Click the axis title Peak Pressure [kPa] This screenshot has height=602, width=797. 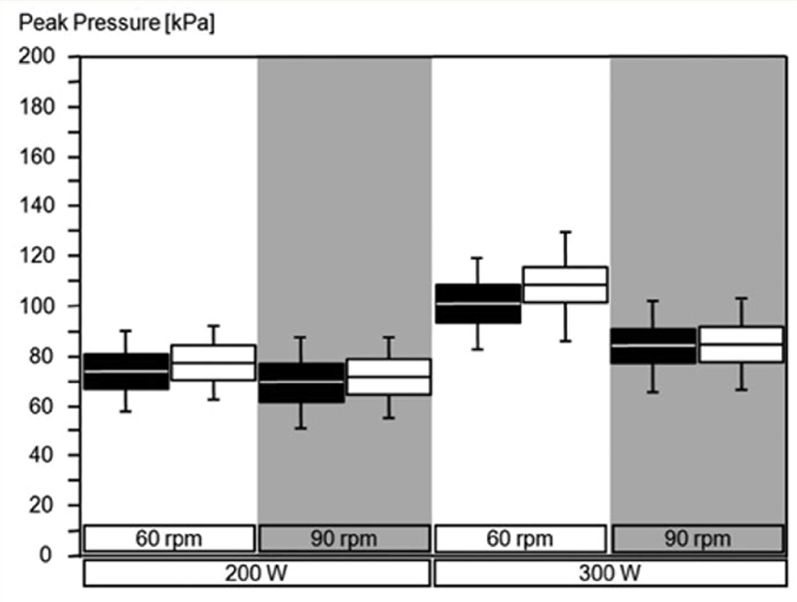[117, 23]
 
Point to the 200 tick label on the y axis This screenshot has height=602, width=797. [37, 56]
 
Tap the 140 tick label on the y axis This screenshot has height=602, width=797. [37, 205]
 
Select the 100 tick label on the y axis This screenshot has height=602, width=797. [37, 306]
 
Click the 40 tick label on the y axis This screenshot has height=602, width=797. [41, 455]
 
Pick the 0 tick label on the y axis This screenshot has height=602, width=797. [46, 554]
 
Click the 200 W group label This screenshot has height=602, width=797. [256, 573]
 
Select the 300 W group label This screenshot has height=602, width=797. [610, 573]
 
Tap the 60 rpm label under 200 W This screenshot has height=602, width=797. [168, 539]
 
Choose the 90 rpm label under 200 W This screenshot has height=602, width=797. [344, 539]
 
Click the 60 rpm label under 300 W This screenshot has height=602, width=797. [520, 539]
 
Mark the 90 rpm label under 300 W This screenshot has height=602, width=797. [697, 539]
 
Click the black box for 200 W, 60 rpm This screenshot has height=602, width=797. [127, 372]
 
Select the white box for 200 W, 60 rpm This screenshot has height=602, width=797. [213, 363]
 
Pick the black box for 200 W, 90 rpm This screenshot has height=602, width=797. [302, 383]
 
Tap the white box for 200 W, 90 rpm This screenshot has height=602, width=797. [389, 377]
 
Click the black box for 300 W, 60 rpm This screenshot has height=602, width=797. [478, 304]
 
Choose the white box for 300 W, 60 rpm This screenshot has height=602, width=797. [565, 285]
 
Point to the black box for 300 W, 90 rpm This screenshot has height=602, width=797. [654, 346]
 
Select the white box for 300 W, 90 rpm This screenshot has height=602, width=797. [741, 344]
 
